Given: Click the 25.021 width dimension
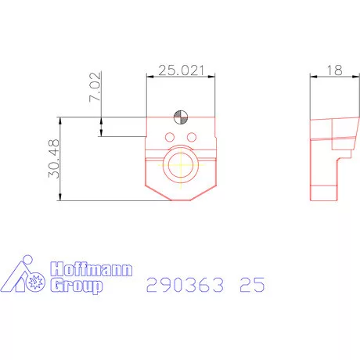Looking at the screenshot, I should [x=181, y=70].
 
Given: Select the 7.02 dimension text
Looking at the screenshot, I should [x=95, y=88].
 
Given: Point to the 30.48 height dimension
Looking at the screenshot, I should [x=53, y=159].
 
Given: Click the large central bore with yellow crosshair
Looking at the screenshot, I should [x=180, y=166].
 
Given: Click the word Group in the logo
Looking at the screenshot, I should [x=77, y=286].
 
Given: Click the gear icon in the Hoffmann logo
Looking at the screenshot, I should [x=34, y=283].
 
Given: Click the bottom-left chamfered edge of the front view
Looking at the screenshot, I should [x=153, y=193].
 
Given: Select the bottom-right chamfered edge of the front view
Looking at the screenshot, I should [x=207, y=193].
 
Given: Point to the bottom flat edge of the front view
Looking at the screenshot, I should [x=180, y=200].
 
